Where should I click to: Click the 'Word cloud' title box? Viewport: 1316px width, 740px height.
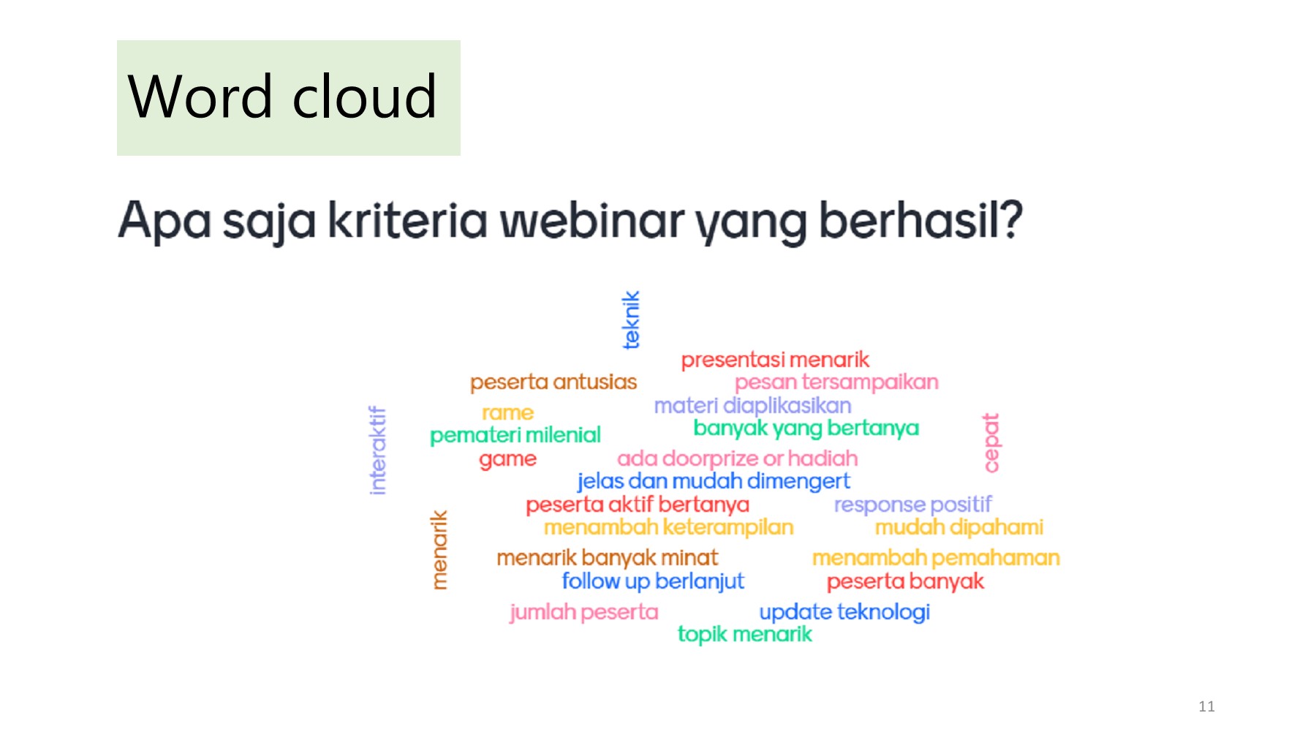click(x=288, y=97)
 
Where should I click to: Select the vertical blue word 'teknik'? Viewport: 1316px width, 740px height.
click(x=631, y=320)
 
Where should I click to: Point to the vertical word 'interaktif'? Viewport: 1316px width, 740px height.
click(x=377, y=450)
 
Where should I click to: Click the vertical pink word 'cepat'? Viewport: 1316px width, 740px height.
click(x=991, y=442)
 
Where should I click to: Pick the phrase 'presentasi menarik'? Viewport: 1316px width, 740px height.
click(x=775, y=360)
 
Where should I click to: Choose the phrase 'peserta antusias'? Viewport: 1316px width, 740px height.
click(x=553, y=382)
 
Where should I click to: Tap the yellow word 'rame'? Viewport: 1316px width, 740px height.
click(x=507, y=413)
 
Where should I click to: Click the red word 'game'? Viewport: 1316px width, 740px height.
click(x=507, y=459)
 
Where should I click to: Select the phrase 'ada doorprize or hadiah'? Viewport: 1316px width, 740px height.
click(x=737, y=458)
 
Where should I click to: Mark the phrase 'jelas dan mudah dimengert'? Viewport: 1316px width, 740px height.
click(x=714, y=481)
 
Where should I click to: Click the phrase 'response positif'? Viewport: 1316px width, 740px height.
click(x=912, y=505)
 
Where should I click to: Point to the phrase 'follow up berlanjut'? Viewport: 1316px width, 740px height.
click(x=653, y=581)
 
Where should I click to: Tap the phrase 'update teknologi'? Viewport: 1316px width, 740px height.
click(x=844, y=612)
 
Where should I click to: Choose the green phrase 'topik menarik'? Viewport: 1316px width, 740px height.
click(x=744, y=634)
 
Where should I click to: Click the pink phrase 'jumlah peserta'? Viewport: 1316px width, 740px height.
click(x=584, y=612)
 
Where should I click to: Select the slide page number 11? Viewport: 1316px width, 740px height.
click(x=1206, y=706)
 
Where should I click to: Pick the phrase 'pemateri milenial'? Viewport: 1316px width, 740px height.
click(x=515, y=436)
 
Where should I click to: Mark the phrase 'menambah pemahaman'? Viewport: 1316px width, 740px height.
click(x=936, y=559)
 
